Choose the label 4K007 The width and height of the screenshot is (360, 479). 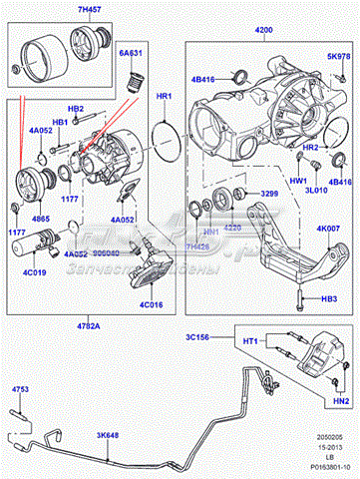click(x=330, y=229)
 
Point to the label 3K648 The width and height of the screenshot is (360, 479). click(x=109, y=434)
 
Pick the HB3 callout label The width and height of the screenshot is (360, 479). click(x=328, y=297)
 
